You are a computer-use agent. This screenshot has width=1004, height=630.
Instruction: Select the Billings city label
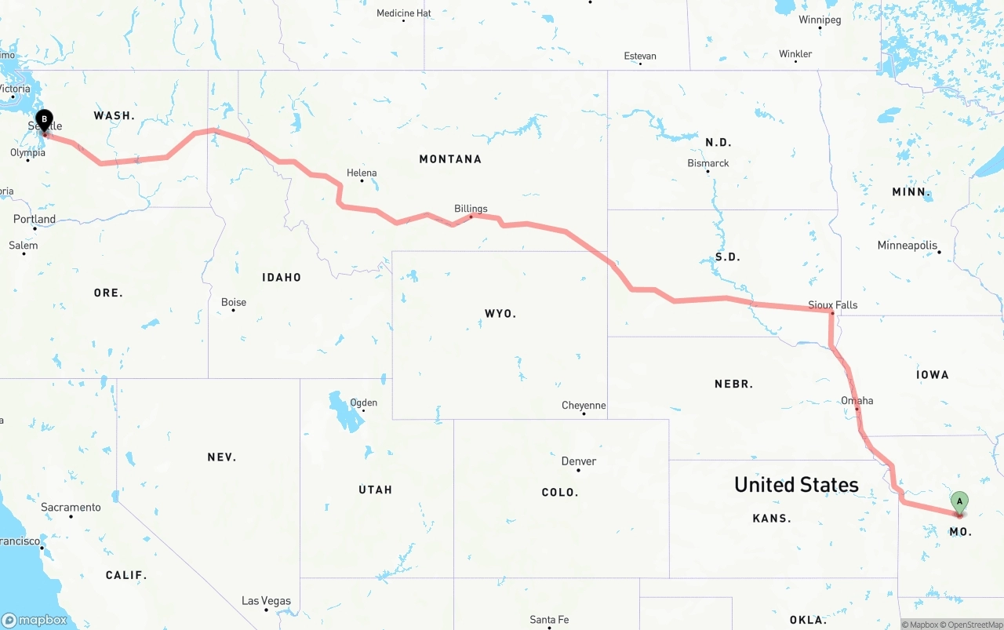(471, 209)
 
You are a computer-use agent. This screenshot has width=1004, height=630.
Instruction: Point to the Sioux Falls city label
(833, 304)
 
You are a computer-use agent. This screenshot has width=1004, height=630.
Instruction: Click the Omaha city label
(857, 401)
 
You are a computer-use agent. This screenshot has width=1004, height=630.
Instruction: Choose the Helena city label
(362, 173)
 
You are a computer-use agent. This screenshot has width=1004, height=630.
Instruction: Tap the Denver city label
(579, 461)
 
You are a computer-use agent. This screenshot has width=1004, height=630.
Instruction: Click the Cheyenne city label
(584, 406)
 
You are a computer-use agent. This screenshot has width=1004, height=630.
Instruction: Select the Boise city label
(234, 302)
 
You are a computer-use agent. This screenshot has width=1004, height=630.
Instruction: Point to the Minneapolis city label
(908, 246)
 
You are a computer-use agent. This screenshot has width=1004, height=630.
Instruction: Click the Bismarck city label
(708, 163)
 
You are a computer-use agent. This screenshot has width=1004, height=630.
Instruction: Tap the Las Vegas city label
(266, 601)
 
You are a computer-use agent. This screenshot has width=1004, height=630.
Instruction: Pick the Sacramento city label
(71, 508)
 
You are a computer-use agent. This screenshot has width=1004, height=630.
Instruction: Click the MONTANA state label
(450, 159)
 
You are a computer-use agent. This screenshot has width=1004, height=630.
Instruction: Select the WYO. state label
(500, 314)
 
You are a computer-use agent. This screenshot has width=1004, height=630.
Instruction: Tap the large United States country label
(796, 485)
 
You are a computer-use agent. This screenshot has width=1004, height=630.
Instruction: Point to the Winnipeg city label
(820, 20)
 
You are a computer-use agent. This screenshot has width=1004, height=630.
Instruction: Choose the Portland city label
(35, 219)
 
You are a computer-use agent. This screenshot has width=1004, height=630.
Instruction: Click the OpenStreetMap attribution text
(975, 625)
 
